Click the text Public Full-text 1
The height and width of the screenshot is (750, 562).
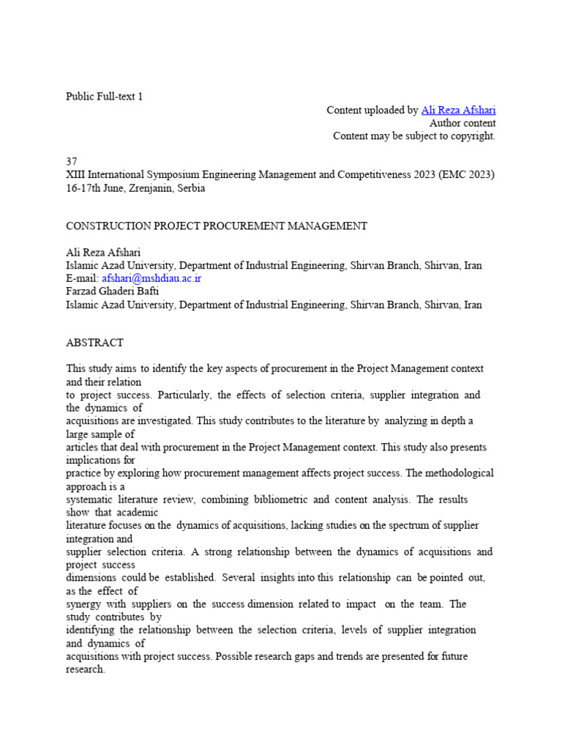pos(105,97)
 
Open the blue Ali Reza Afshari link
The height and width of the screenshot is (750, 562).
pos(458,110)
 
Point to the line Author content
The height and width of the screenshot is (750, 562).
pos(462,123)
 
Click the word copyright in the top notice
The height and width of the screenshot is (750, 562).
pos(471,135)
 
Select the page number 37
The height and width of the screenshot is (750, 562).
pos(72,162)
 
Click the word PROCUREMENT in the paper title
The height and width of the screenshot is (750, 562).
pos(236,226)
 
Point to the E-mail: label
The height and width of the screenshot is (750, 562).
pos(82,279)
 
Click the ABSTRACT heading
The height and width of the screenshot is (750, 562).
pos(94,343)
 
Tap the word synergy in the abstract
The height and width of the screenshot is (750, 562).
pos(84,604)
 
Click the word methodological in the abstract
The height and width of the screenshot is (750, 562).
pos(455,473)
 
